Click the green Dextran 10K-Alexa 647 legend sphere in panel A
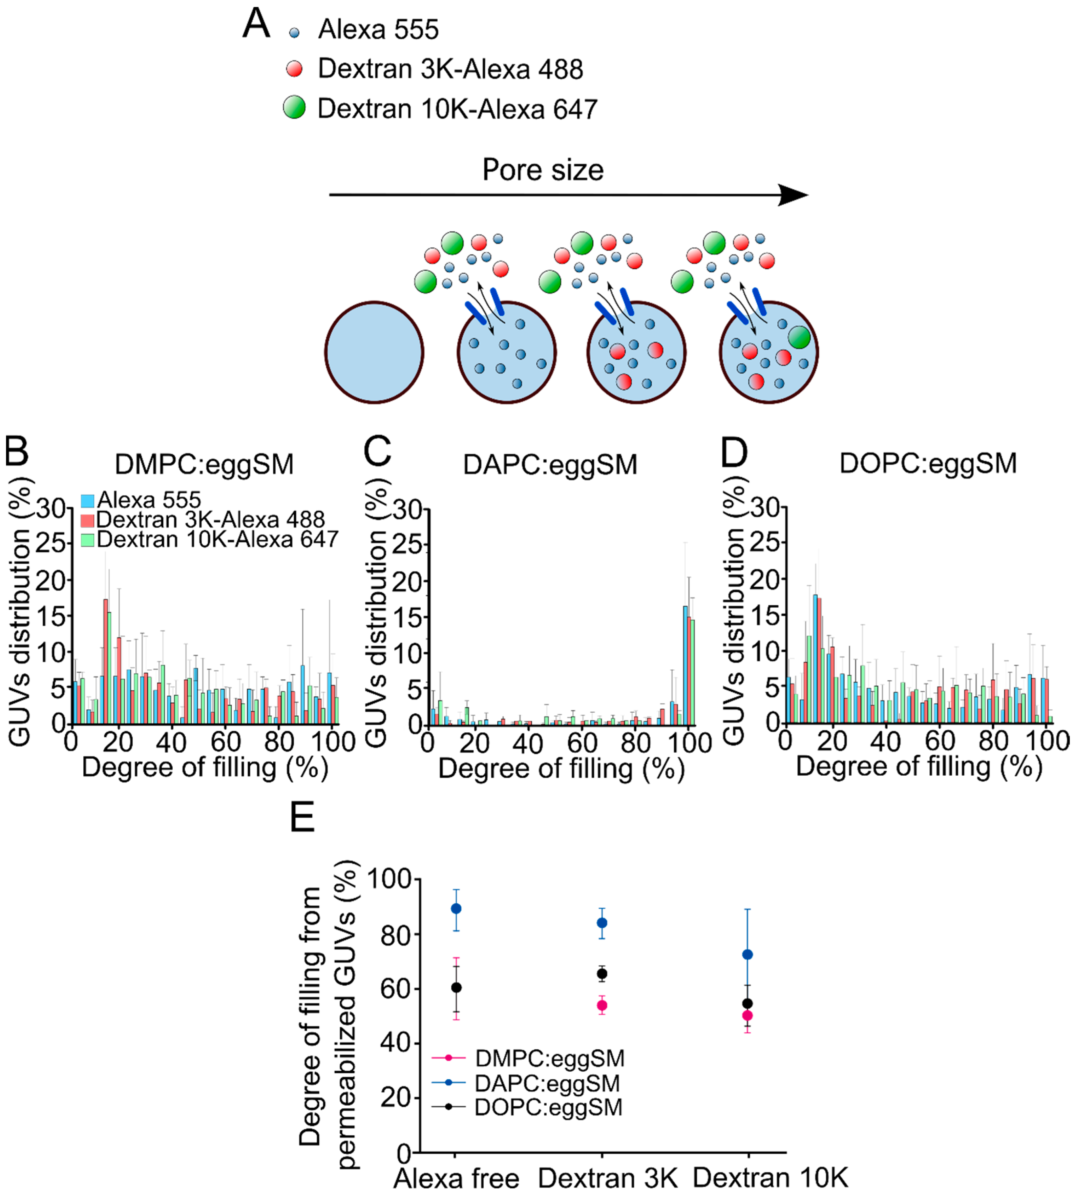(x=294, y=108)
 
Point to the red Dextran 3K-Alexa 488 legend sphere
(x=294, y=69)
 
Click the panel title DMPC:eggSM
(x=204, y=464)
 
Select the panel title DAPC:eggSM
(x=550, y=464)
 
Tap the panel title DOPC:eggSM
(x=928, y=463)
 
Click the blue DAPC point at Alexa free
(x=456, y=908)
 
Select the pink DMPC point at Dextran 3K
(x=602, y=1005)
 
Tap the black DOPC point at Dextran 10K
(x=747, y=1004)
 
